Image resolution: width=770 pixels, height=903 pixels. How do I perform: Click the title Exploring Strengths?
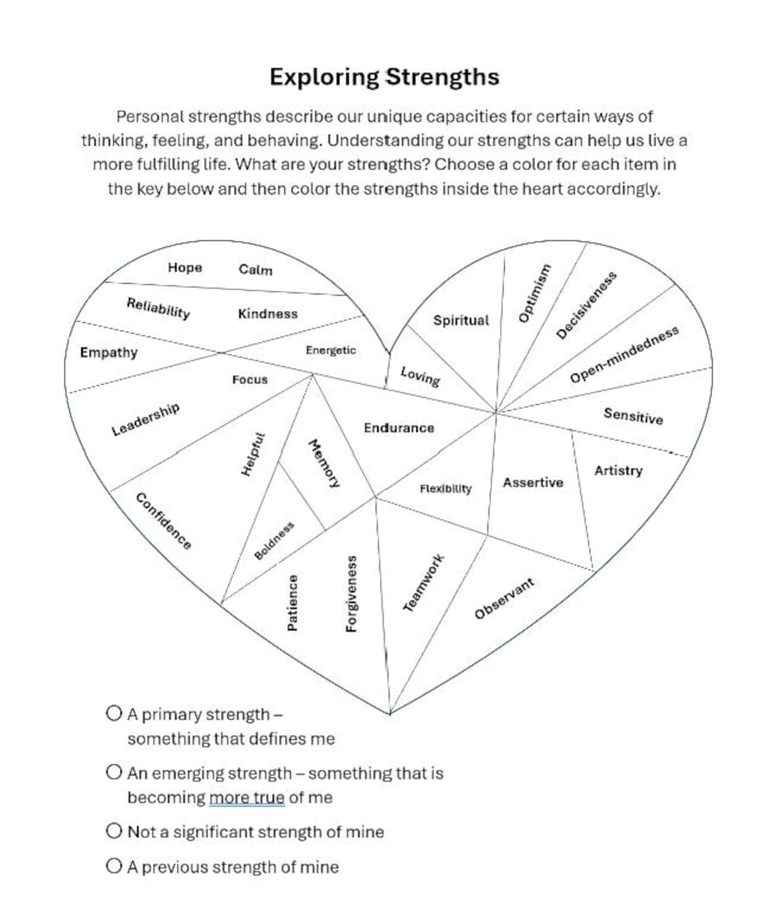point(384,77)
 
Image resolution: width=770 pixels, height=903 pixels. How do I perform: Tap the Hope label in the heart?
point(185,267)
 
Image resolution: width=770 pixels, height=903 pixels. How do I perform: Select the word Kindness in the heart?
point(267,314)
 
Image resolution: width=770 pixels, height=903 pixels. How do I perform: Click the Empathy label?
point(108,352)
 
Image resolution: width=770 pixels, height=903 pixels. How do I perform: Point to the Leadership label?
point(145,419)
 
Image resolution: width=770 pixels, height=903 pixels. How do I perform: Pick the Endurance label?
point(399,428)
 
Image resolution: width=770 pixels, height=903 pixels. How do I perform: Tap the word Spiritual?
point(461,320)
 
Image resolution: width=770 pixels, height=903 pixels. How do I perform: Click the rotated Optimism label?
point(535,293)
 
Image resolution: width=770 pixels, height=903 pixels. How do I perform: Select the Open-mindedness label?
point(624,354)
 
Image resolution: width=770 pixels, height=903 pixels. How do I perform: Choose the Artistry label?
point(618,470)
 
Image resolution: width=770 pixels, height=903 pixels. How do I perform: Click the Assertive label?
point(533,483)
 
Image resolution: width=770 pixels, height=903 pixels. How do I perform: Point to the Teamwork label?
point(424,582)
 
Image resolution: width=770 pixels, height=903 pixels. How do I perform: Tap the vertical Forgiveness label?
point(351,593)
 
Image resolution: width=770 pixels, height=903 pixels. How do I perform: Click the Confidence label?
point(163,521)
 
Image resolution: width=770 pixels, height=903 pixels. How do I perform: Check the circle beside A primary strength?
point(114,713)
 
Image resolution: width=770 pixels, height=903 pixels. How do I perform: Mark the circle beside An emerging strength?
point(114,773)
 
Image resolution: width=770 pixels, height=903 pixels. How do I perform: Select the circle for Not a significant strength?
point(114,831)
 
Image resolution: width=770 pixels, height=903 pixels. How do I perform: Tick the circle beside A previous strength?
point(114,867)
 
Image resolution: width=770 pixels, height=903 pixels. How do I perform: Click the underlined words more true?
point(247,798)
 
